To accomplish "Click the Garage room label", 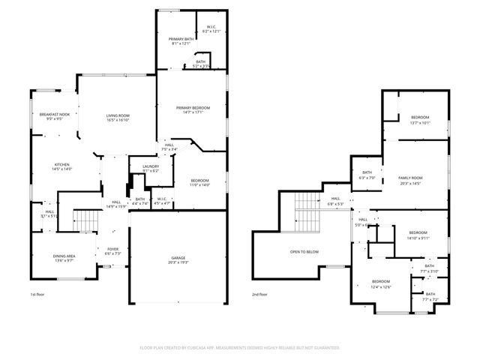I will point(178,257).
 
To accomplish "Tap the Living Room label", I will point(118,115).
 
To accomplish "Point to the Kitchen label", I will point(61,164).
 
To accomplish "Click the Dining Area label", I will point(64,256).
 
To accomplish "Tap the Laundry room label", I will point(150,166).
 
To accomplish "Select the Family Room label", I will point(410,178).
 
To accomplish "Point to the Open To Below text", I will point(304,251).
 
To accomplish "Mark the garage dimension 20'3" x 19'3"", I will point(178,262).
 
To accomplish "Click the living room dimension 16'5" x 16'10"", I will point(118,120).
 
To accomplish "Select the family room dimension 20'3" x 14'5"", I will point(410,182).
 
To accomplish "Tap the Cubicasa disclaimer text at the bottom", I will point(240,347).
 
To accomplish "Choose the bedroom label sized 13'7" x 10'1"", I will point(420,118).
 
